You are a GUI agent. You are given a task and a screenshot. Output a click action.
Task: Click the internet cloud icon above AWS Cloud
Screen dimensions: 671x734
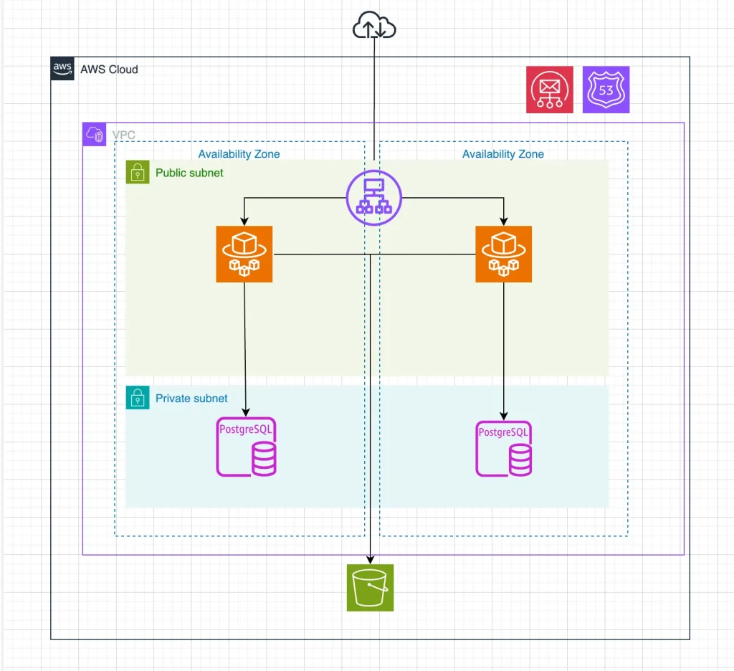(x=374, y=27)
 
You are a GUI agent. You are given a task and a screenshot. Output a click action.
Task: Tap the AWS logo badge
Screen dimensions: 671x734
(x=62, y=69)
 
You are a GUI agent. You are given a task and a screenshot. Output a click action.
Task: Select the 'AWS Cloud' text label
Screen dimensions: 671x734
(x=109, y=70)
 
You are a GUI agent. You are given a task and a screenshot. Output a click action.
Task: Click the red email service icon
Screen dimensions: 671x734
(x=550, y=90)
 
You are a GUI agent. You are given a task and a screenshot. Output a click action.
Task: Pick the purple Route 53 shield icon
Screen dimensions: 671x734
(x=606, y=90)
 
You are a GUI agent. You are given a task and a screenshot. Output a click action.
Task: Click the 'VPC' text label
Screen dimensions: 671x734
(x=123, y=135)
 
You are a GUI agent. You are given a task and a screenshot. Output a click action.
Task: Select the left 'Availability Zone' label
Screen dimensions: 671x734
(x=239, y=154)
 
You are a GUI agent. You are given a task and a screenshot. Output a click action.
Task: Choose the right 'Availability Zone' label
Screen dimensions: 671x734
(x=502, y=154)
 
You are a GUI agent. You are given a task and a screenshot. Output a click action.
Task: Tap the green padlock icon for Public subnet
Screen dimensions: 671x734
(x=137, y=172)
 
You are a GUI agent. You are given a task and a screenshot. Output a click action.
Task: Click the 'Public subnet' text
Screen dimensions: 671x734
(x=189, y=173)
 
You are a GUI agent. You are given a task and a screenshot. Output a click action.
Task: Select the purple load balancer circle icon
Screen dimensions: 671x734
(x=374, y=196)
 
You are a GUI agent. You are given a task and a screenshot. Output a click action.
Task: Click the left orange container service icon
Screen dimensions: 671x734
(x=244, y=254)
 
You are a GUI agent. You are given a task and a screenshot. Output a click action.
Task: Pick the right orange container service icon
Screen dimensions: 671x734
(x=503, y=254)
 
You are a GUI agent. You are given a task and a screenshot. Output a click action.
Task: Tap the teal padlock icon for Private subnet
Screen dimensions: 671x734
(x=137, y=398)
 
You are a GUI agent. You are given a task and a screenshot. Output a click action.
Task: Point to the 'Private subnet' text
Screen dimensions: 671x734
(x=191, y=399)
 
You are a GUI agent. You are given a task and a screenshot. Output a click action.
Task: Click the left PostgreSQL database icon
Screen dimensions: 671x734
(x=246, y=448)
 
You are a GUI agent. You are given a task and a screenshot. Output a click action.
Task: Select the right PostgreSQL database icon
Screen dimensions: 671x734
(x=504, y=448)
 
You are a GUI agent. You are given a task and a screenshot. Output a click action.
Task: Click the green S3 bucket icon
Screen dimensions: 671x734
(x=370, y=587)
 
